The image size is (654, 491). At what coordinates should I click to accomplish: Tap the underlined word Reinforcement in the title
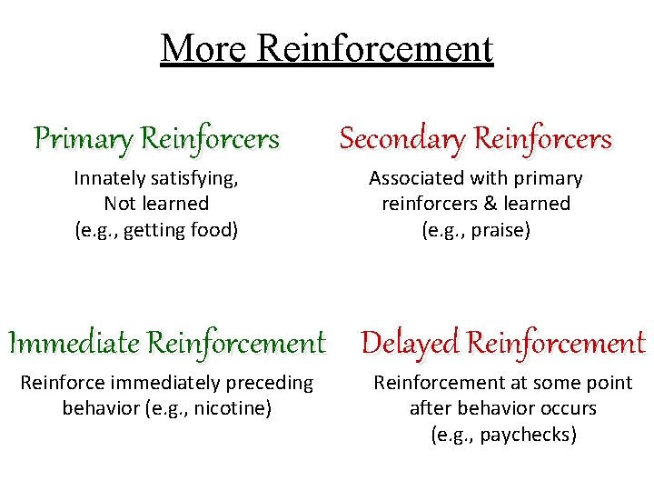click(x=375, y=48)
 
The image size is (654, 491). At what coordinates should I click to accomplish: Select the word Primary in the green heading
click(x=83, y=139)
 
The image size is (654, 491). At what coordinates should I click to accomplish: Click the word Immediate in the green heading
click(x=74, y=343)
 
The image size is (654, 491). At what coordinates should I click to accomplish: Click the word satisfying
click(x=194, y=178)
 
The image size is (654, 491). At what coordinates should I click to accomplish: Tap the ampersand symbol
click(x=491, y=204)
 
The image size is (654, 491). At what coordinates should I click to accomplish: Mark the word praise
click(x=500, y=230)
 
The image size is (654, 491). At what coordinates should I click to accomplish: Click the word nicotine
click(x=233, y=408)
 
